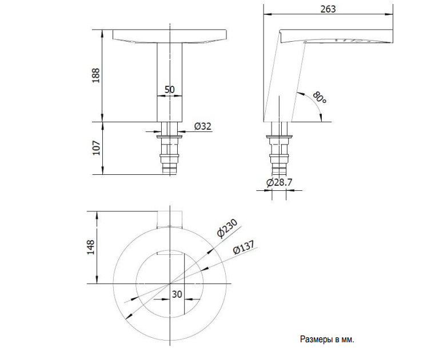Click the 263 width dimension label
click(x=328, y=9)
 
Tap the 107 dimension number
click(x=95, y=149)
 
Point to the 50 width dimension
click(x=169, y=90)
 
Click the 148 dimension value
click(x=91, y=248)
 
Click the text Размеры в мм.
click(x=327, y=339)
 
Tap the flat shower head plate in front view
click(x=170, y=37)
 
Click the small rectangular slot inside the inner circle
click(x=170, y=252)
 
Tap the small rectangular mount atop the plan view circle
click(x=170, y=218)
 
